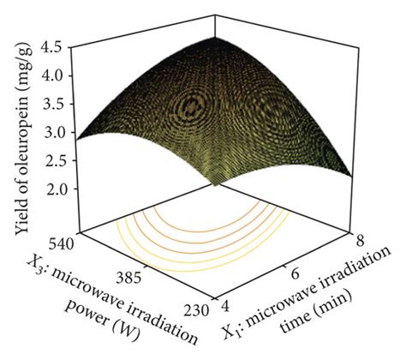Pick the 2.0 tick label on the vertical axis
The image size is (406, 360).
60,189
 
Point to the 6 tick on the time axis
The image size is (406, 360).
294,273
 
